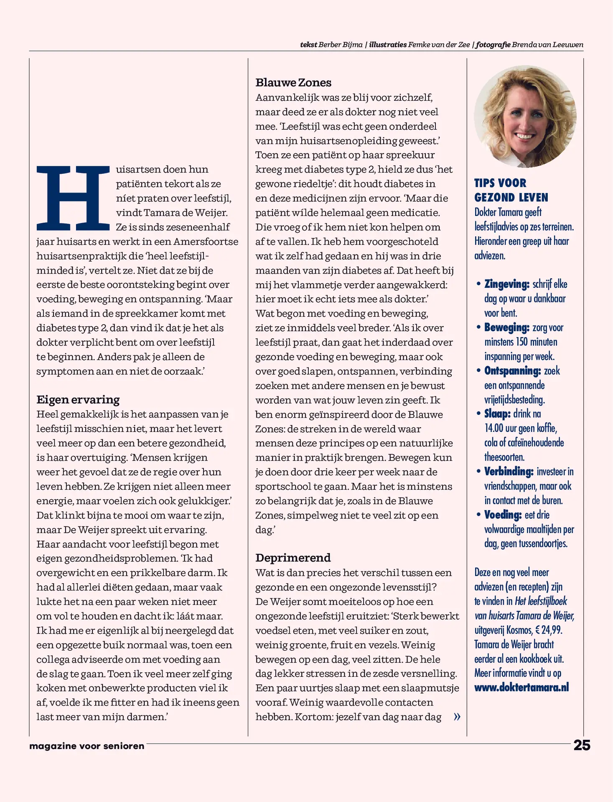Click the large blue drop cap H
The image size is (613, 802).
click(x=73, y=198)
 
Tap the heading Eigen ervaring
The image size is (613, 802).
click(x=78, y=400)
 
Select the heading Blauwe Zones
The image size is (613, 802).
click(x=293, y=83)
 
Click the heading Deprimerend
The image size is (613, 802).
click(x=293, y=558)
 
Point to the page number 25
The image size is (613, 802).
click(x=582, y=746)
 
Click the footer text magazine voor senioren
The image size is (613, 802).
click(x=87, y=746)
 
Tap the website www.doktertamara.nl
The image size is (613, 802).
click(x=521, y=688)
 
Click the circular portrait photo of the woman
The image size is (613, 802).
click(x=525, y=117)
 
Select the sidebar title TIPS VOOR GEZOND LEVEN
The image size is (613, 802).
click(x=511, y=190)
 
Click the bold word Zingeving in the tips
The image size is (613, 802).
click(x=506, y=284)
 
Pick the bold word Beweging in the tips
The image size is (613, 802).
click(x=506, y=327)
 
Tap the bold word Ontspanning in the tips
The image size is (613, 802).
click(x=512, y=371)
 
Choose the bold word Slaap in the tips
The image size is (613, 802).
click(x=497, y=414)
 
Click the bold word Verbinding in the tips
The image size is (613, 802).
click(x=509, y=472)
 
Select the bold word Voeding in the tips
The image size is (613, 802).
click(x=503, y=515)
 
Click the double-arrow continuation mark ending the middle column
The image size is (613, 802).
click(x=457, y=717)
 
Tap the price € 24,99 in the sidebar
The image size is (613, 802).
click(x=549, y=630)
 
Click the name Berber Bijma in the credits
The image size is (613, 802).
click(x=340, y=45)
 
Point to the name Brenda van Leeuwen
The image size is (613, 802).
click(x=547, y=45)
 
